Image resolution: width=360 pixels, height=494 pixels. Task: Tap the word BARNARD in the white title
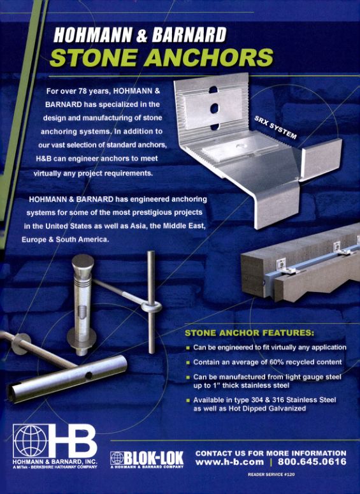(189, 34)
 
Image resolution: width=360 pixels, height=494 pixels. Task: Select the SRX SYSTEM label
(276, 127)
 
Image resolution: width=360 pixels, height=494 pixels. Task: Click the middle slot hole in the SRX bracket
(215, 108)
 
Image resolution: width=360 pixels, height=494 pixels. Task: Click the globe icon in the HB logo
(31, 440)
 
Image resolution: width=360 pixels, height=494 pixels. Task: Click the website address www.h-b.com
(229, 462)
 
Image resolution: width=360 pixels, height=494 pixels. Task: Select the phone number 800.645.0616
(312, 462)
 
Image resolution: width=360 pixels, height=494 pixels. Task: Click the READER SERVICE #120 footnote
(271, 474)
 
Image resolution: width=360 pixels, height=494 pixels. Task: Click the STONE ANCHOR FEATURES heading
(249, 333)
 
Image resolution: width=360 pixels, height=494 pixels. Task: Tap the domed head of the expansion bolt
(83, 262)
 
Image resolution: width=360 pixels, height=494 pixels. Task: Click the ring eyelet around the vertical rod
(151, 307)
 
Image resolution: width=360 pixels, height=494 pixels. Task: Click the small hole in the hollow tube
(89, 375)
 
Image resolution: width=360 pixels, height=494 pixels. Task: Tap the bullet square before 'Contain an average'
(188, 363)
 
